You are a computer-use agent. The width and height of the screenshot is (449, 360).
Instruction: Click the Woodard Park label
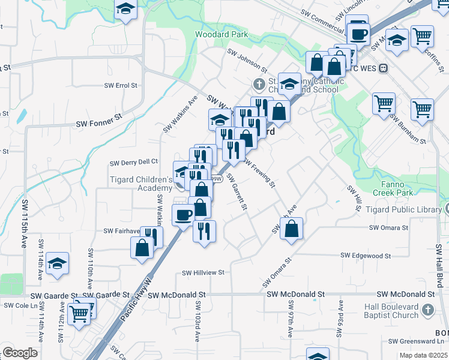(x=221, y=35)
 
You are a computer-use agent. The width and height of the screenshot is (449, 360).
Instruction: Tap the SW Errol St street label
(x=121, y=86)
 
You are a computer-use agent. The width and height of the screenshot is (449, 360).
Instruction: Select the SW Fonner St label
(x=99, y=124)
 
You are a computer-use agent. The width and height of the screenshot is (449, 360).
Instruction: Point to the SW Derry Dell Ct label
(x=133, y=162)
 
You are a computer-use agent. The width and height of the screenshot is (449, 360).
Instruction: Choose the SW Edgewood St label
(x=366, y=256)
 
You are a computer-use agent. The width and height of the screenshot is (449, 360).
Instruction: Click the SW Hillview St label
(x=203, y=272)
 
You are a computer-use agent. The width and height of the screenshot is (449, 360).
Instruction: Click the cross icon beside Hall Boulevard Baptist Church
(x=427, y=310)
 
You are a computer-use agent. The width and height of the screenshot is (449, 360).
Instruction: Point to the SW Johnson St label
(x=247, y=61)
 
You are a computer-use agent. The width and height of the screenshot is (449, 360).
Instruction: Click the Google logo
(x=20, y=353)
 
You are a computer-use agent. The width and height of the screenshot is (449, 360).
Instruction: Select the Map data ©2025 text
(x=424, y=355)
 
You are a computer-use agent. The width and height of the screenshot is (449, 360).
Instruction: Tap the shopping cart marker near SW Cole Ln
(x=79, y=313)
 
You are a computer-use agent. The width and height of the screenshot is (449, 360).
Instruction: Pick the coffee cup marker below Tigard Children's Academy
(x=183, y=214)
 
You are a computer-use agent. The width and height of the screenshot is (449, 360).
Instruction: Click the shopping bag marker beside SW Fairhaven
(x=143, y=248)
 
